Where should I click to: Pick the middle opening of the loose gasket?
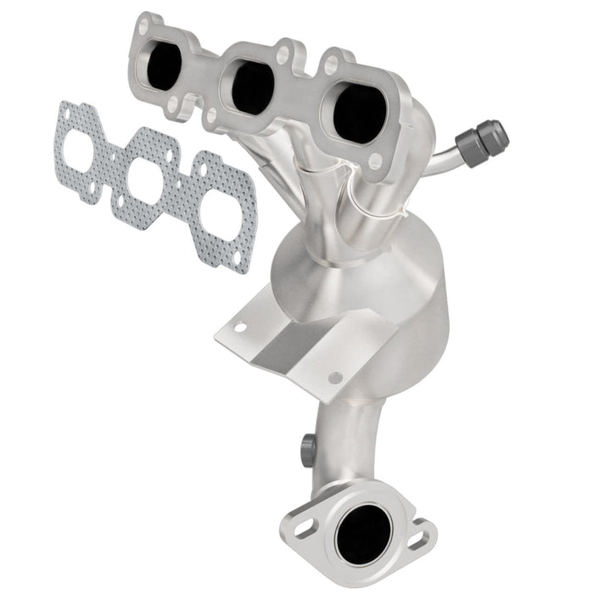point(151,176)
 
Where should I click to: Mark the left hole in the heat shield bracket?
point(240,326)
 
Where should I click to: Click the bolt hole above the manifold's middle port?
point(281,56)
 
